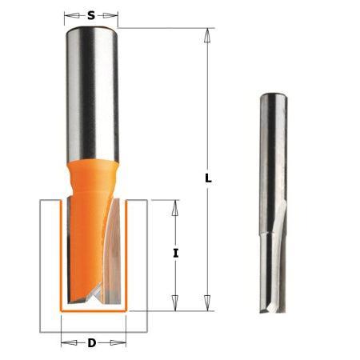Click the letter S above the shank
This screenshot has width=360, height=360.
91,15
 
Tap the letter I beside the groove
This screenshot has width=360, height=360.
176,253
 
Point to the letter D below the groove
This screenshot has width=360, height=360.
92,343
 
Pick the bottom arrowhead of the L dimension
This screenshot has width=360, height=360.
208,304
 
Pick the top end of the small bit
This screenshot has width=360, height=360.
270,95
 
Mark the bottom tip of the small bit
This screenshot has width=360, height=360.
270,310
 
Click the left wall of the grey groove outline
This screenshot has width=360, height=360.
42,264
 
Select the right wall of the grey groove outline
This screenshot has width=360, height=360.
145,264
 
